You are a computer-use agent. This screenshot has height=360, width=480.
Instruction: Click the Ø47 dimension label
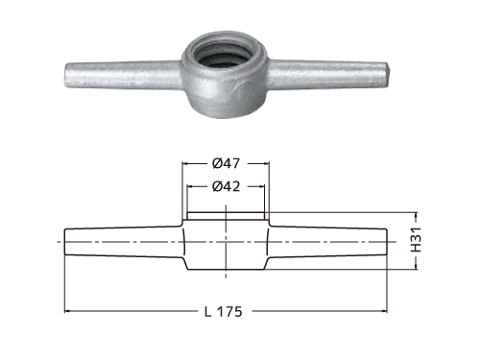pyautogui.click(x=226, y=163)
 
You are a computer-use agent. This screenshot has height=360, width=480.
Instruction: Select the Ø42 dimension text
pyautogui.click(x=226, y=186)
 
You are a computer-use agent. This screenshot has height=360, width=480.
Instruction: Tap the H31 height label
pyautogui.click(x=416, y=240)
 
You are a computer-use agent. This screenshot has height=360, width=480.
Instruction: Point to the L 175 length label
pyautogui.click(x=224, y=311)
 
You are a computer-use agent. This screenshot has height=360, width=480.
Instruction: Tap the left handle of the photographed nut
pyautogui.click(x=123, y=75)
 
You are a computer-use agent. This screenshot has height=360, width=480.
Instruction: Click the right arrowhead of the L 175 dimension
pyautogui.click(x=384, y=311)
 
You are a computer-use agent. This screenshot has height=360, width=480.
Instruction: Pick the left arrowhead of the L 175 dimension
pyautogui.click(x=68, y=311)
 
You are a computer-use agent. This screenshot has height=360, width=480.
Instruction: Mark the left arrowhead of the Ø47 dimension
pyautogui.click(x=185, y=163)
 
